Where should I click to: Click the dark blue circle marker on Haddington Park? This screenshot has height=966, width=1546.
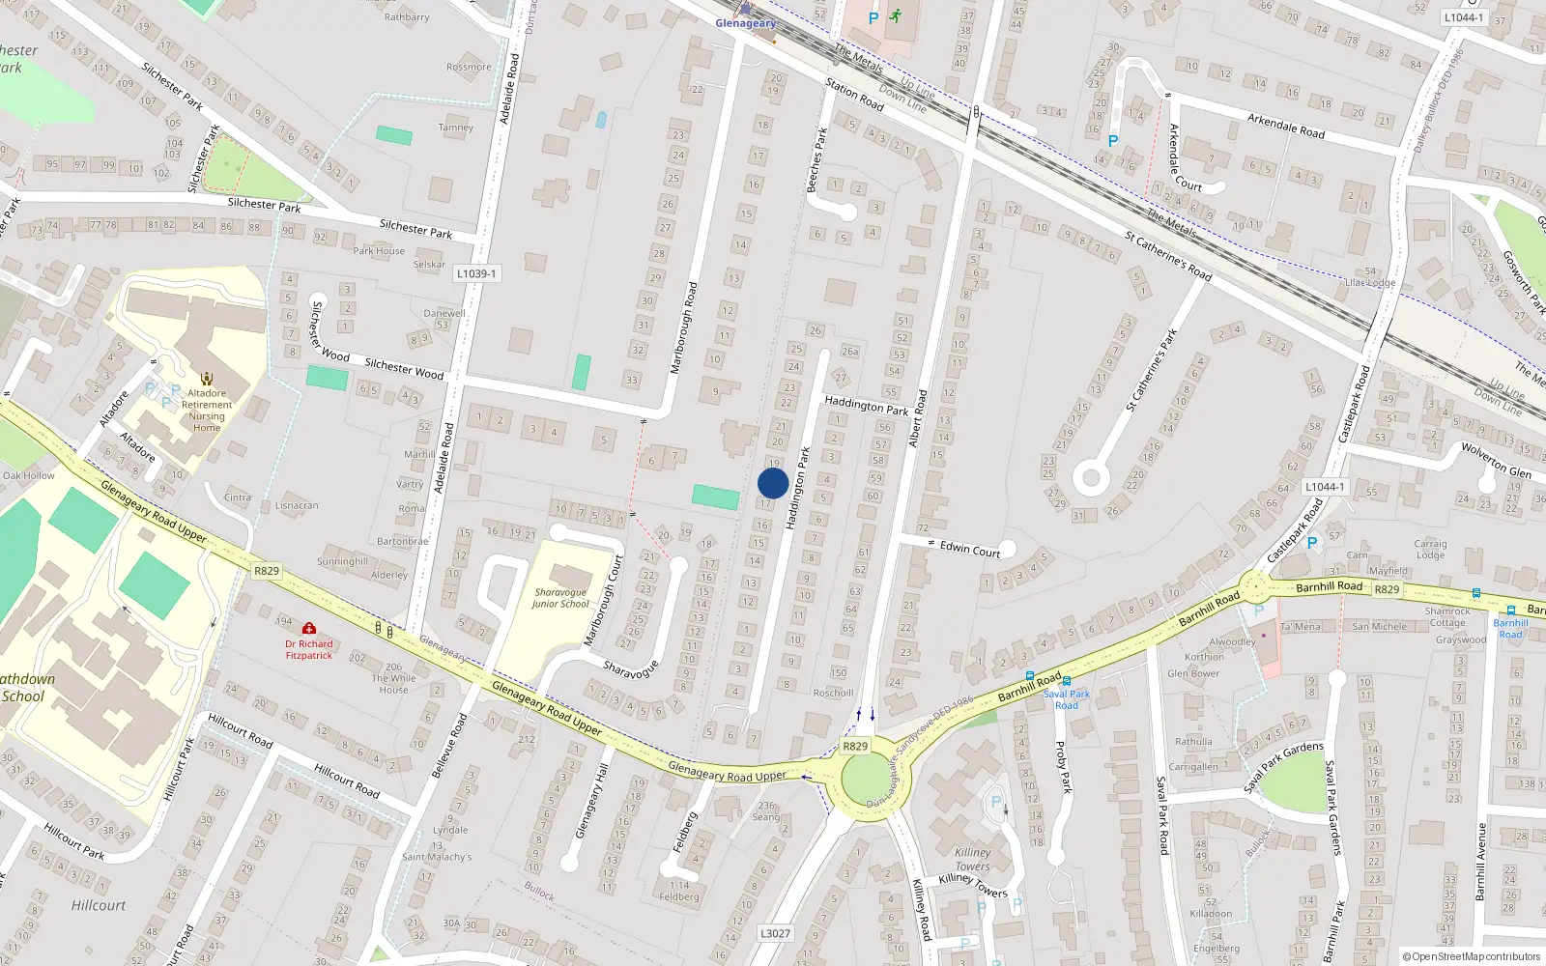click(773, 483)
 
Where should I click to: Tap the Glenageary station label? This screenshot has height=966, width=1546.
click(745, 23)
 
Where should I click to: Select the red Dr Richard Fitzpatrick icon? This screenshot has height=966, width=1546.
click(309, 628)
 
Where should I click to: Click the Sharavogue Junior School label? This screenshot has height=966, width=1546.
click(560, 598)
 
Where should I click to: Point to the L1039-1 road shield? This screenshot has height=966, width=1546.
click(476, 273)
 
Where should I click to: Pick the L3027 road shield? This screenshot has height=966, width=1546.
click(775, 933)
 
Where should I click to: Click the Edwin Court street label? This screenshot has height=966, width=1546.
click(970, 549)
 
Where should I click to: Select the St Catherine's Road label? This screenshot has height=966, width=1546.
click(1167, 255)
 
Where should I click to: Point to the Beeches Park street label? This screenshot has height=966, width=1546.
click(816, 159)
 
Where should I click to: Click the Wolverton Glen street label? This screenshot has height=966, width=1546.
click(1496, 460)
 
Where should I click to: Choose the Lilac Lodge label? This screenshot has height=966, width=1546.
click(1370, 283)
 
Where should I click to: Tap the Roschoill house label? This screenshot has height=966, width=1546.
click(833, 693)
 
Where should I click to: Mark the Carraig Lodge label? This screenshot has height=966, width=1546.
click(1430, 549)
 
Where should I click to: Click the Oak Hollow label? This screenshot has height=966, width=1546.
click(29, 475)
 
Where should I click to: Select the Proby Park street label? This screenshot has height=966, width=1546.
click(1063, 767)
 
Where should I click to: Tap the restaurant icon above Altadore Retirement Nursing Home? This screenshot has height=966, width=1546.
click(207, 379)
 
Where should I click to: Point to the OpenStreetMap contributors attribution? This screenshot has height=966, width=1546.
click(1471, 956)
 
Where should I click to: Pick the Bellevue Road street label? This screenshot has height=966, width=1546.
click(448, 746)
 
